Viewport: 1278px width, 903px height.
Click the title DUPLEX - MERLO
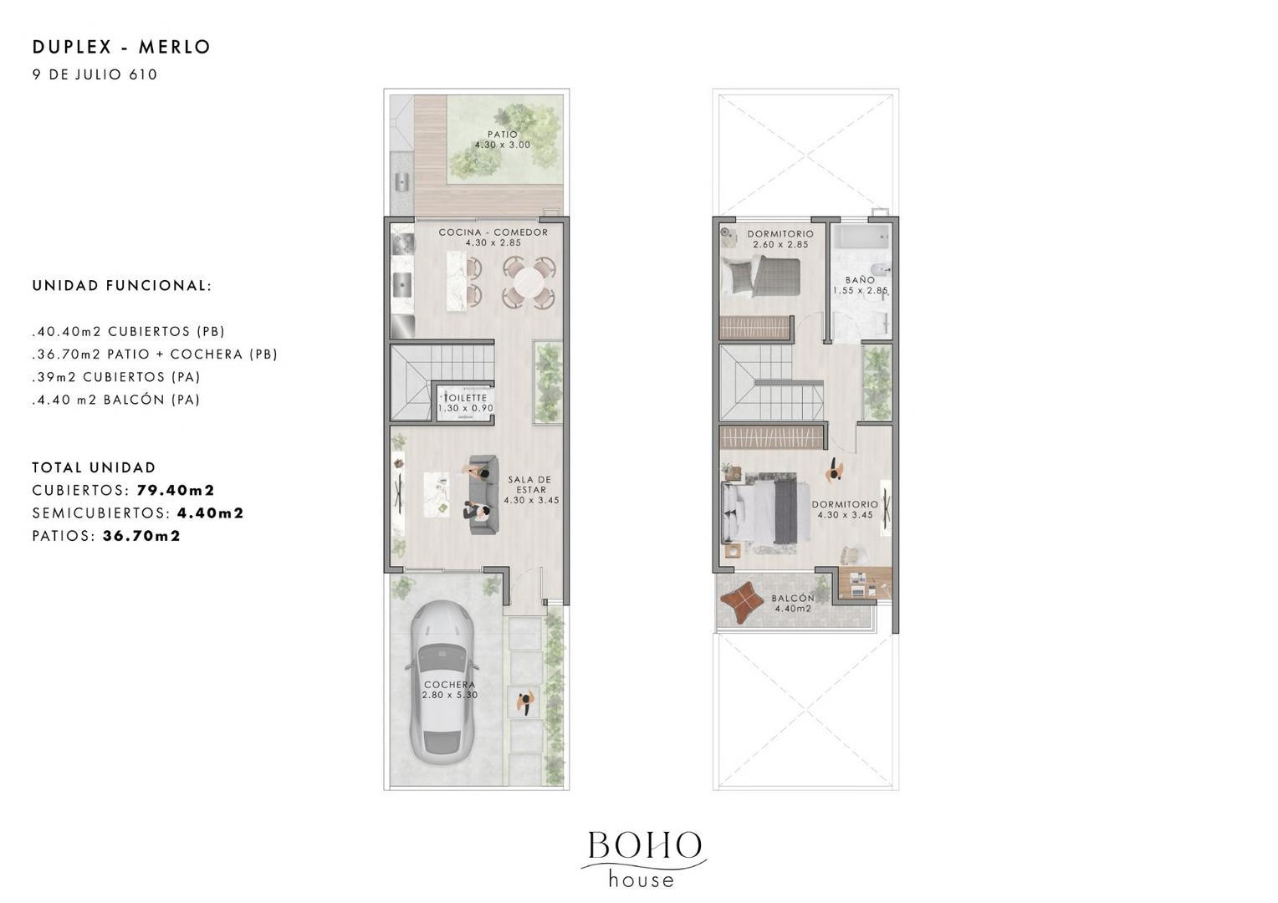click(121, 47)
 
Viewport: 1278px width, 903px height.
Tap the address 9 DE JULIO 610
click(95, 74)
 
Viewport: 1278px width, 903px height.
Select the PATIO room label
click(503, 135)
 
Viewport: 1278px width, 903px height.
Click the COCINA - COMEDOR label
click(493, 232)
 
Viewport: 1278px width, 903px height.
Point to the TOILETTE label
click(465, 398)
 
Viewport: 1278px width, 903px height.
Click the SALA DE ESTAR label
click(530, 485)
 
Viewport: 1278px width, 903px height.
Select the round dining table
click(530, 282)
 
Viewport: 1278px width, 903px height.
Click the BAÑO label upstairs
click(860, 280)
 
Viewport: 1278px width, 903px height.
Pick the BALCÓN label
click(793, 599)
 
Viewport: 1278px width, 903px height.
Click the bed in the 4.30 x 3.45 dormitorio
click(761, 511)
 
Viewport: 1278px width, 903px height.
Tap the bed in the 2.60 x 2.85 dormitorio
click(762, 276)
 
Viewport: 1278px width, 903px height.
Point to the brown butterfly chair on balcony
click(742, 600)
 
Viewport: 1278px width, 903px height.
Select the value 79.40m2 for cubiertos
click(176, 490)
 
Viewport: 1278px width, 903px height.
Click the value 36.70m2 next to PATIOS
click(141, 536)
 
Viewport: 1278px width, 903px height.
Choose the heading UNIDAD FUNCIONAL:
click(122, 286)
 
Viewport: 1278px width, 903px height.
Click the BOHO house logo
click(643, 858)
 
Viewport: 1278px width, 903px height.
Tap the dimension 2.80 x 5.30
click(450, 695)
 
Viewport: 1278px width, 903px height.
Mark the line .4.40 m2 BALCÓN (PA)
click(116, 400)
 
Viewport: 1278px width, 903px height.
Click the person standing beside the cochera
click(526, 703)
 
